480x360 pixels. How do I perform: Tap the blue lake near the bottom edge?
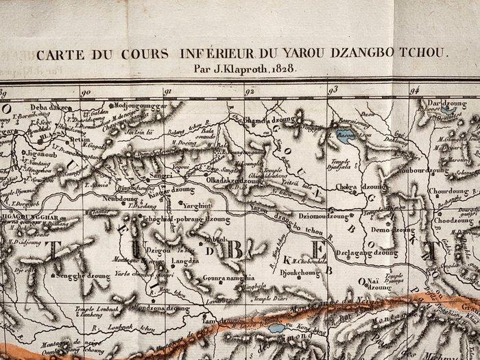pyautogui.click(x=278, y=328)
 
